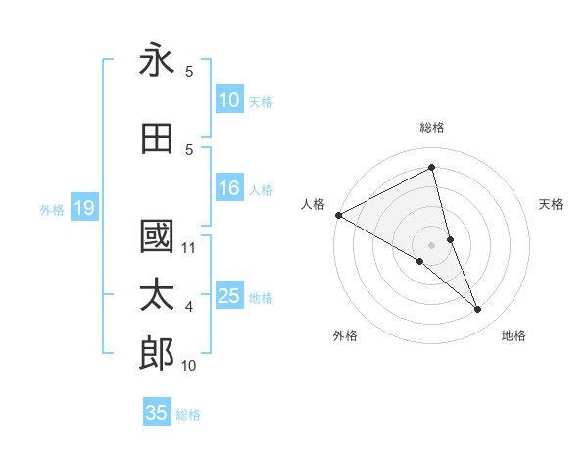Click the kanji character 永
coord(157,61)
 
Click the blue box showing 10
coord(229,101)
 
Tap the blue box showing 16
coord(229,189)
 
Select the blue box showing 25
coord(229,297)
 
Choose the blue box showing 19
coord(83,208)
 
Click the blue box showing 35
coord(157,413)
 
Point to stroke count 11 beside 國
coord(189,248)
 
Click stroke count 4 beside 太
coord(189,307)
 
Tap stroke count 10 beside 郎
coord(189,366)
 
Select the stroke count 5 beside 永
coord(189,72)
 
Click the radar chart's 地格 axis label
coord(514,335)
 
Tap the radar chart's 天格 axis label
coord(552,204)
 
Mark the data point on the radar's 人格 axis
coord(338,215)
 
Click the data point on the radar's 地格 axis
coord(478,310)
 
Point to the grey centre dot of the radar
coord(431,245)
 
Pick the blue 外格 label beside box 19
coord(52,209)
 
